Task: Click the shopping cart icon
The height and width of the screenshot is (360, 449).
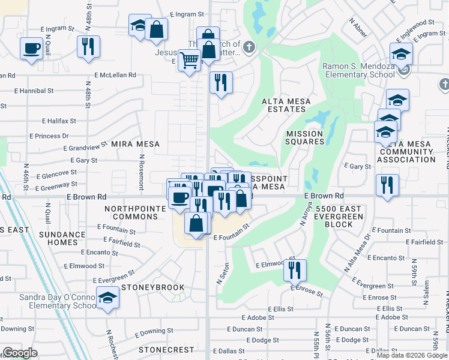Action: pyautogui.click(x=189, y=60)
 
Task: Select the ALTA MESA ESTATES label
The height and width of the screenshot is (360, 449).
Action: pyautogui.click(x=286, y=106)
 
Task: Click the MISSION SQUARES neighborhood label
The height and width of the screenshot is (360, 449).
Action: pyautogui.click(x=305, y=137)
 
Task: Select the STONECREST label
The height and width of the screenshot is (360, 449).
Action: pyautogui.click(x=166, y=349)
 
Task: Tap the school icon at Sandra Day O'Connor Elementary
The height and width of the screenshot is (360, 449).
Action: pyautogui.click(x=107, y=298)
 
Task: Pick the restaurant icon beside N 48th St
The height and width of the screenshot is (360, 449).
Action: pyautogui.click(x=89, y=47)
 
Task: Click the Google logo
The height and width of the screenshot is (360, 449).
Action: pyautogui.click(x=20, y=353)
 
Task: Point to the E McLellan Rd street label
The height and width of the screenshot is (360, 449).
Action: pyautogui.click(x=115, y=76)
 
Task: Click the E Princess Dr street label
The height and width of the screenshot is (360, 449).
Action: pyautogui.click(x=64, y=136)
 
